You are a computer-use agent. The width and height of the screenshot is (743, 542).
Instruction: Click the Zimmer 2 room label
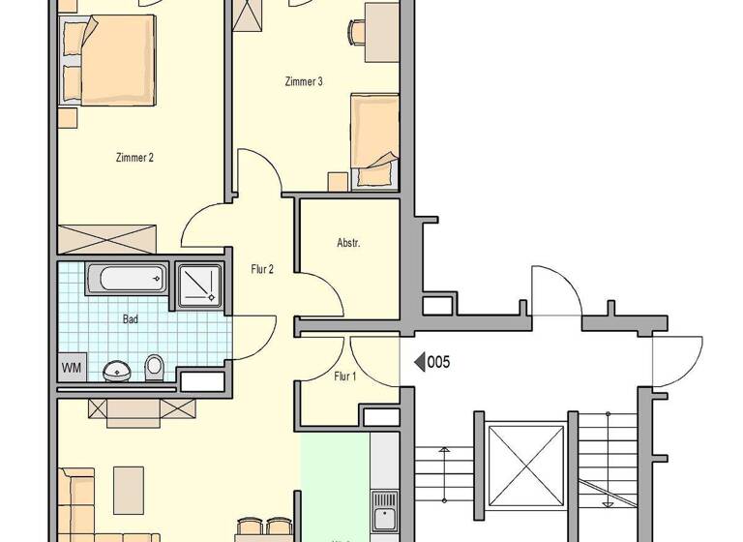(134, 158)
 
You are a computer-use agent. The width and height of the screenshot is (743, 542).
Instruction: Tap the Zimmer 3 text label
(304, 82)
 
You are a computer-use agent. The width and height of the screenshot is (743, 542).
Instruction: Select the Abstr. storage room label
(348, 243)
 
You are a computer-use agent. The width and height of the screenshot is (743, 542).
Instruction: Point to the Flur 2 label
(262, 270)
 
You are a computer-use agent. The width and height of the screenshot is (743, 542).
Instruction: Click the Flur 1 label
(344, 376)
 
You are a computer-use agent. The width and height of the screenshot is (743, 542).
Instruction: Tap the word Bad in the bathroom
(131, 317)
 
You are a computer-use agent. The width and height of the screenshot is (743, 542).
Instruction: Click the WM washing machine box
(71, 368)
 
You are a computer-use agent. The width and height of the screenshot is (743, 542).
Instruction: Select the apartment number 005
(439, 363)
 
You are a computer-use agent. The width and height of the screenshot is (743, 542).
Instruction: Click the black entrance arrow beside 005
(420, 363)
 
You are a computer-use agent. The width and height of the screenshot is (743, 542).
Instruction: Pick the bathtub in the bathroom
(128, 280)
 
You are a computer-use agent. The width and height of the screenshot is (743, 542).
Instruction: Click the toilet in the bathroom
(154, 368)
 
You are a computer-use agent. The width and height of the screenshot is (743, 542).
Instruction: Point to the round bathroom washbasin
(117, 370)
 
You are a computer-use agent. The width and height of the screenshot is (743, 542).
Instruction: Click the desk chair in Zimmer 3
(356, 32)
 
